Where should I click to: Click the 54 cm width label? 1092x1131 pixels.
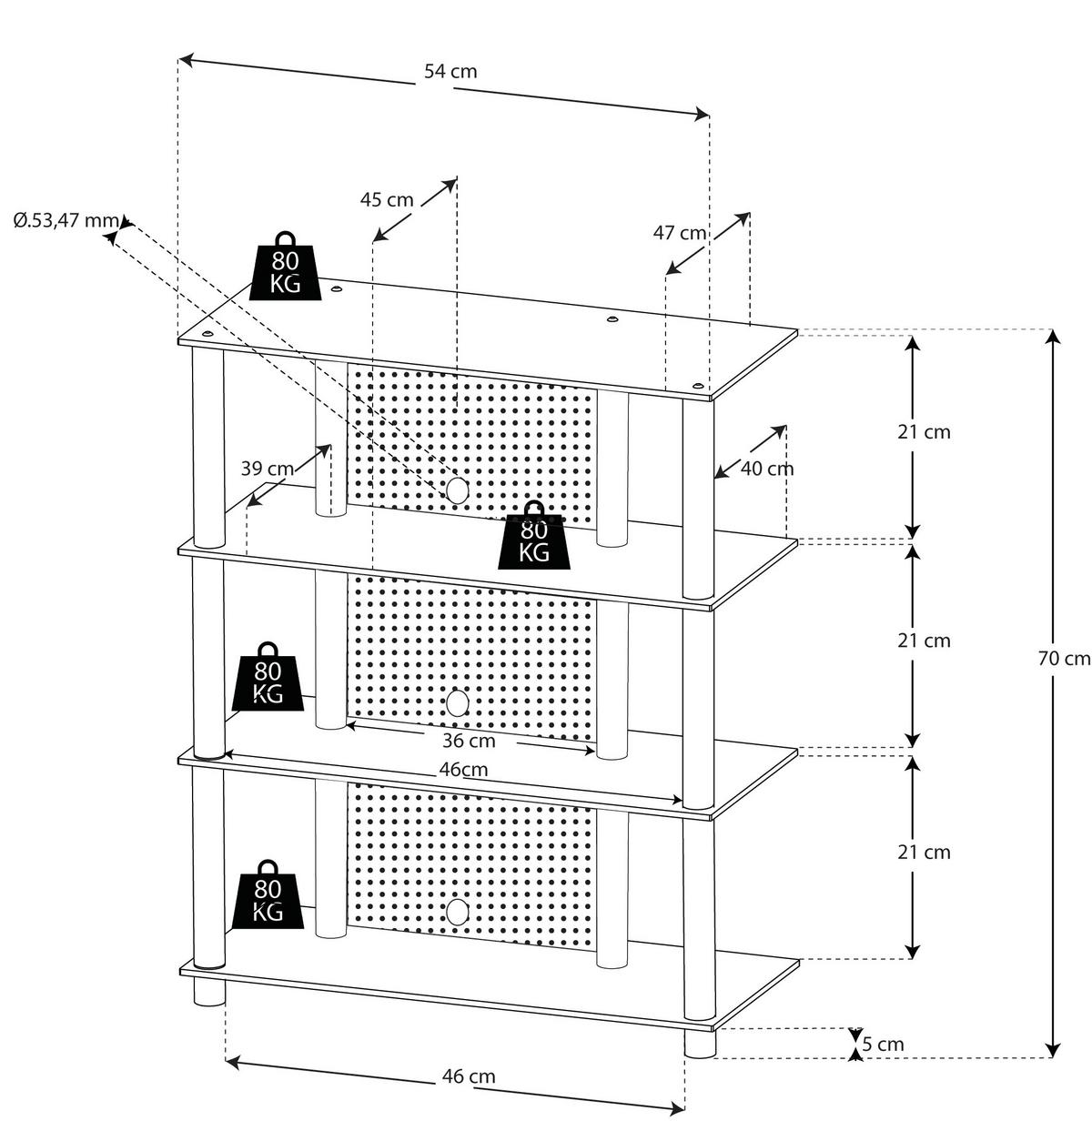point(450,71)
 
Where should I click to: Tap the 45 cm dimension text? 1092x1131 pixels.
point(387,199)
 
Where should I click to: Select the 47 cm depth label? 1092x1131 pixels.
point(680,232)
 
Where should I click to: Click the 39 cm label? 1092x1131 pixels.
point(268,469)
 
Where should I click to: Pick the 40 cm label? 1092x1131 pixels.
point(767,469)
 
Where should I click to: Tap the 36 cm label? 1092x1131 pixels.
point(469,741)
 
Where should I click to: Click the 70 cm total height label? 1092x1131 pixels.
point(1064,658)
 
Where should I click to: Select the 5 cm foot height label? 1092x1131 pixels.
point(884,1044)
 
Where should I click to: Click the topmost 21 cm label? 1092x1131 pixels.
point(924,432)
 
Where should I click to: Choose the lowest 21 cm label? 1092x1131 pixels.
point(924,853)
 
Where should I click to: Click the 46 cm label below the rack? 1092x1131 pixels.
point(469,1076)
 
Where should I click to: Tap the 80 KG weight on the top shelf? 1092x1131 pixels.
point(286,266)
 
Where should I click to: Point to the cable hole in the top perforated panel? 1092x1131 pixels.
point(457,490)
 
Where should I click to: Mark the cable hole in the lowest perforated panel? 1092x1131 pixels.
point(457,912)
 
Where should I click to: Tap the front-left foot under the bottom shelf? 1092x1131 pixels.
point(209,992)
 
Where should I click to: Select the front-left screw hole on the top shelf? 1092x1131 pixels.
point(209,336)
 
